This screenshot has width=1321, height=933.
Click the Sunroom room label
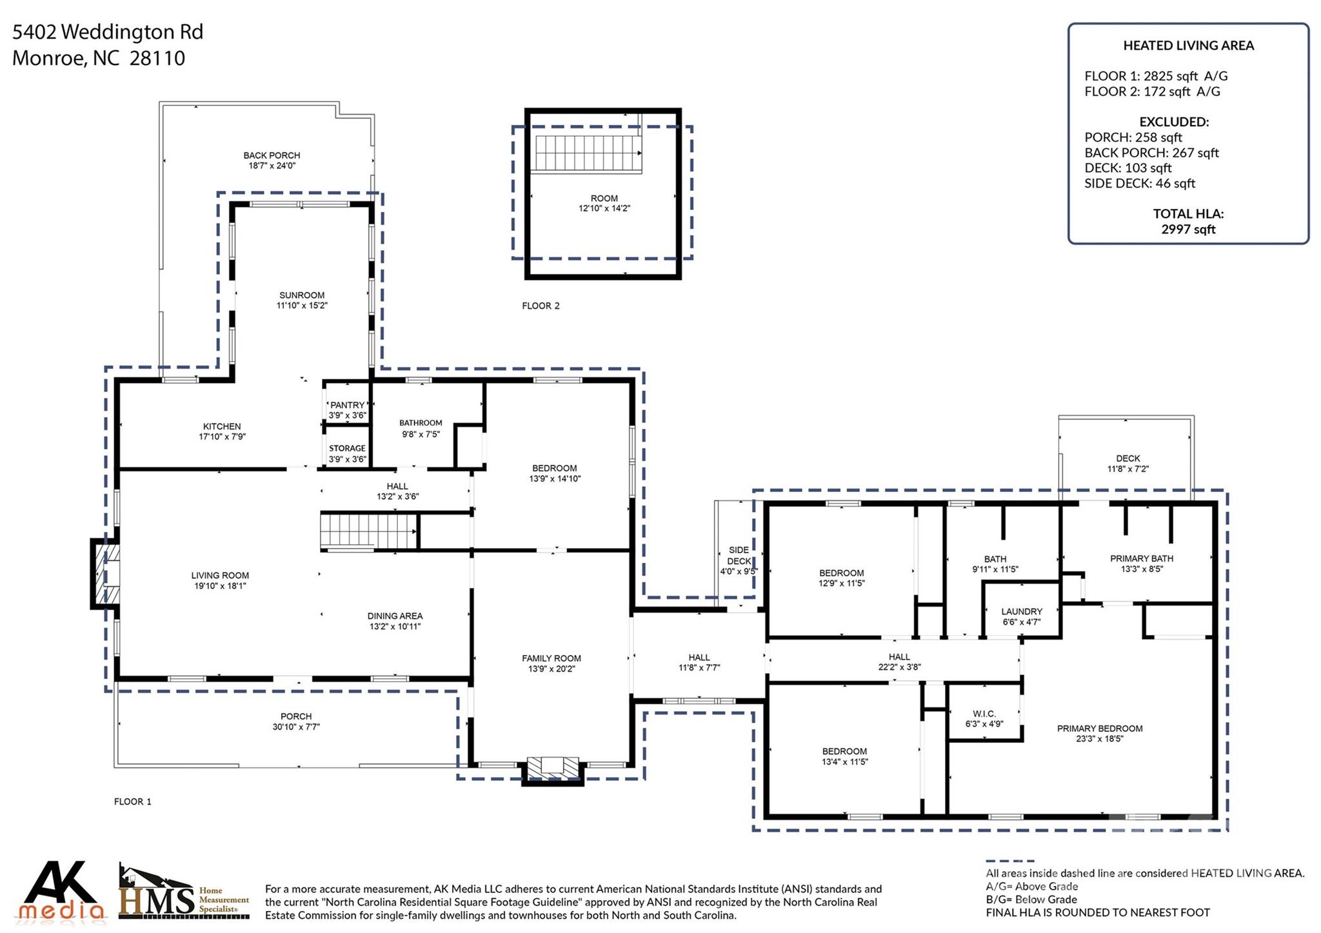[302, 295]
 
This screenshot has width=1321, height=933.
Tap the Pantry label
[348, 405]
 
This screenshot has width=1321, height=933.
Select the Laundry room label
[1022, 611]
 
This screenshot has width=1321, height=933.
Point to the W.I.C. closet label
[984, 714]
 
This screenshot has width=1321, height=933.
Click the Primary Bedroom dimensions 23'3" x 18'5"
[1100, 739]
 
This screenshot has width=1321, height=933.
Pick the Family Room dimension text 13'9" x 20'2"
[551, 669]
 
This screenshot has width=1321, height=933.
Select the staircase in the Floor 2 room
[588, 153]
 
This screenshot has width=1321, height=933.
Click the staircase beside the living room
[369, 532]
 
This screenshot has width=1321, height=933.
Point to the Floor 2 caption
[541, 306]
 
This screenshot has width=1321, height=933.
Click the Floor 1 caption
[132, 801]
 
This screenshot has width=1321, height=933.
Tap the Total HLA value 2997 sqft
[1188, 230]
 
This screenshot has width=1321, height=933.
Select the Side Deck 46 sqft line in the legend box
[1140, 183]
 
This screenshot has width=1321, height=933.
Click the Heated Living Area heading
[1188, 45]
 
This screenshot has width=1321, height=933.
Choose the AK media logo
[62, 890]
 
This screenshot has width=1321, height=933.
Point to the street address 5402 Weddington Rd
[108, 32]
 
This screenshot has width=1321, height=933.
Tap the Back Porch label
[272, 155]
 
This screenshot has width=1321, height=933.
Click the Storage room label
[347, 448]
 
